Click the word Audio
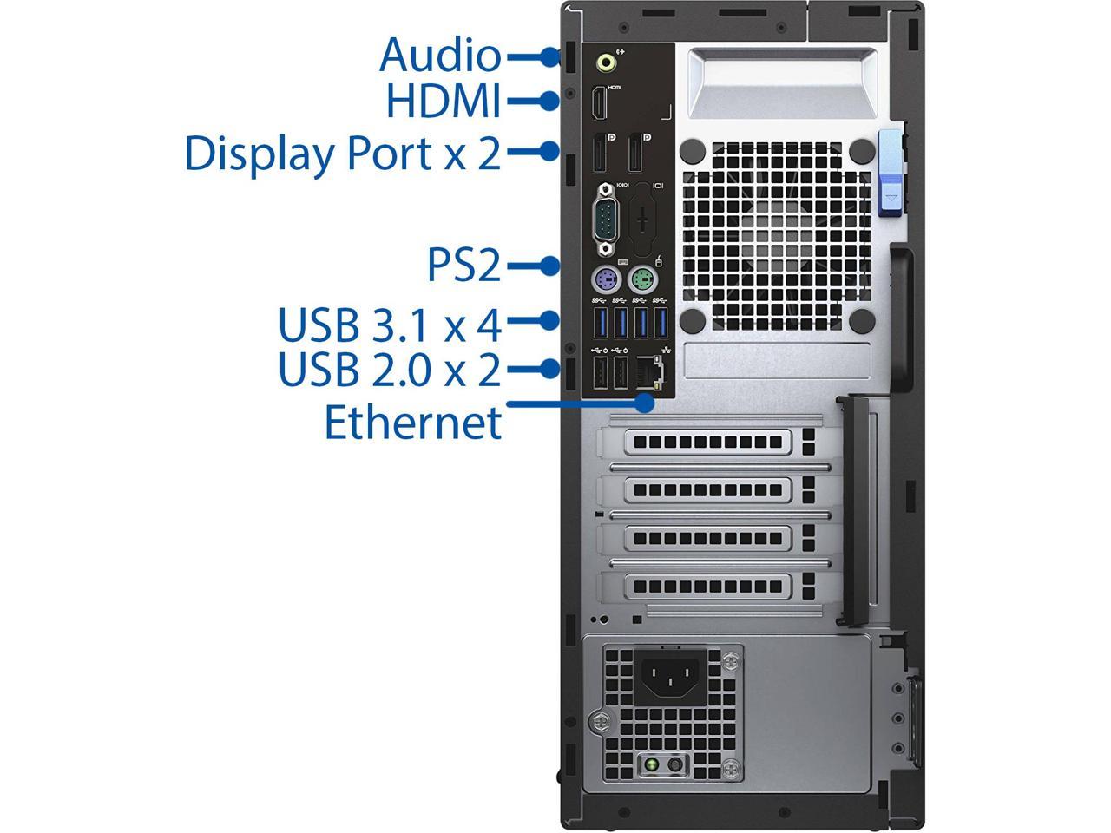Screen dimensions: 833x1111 point(440,55)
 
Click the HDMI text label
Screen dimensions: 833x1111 point(444,101)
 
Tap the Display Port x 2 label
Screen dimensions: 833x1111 point(343,154)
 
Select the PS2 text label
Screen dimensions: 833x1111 point(464,266)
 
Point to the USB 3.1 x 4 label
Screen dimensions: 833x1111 point(390,325)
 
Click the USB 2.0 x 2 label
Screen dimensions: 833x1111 point(390,370)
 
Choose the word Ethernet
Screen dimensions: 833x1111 point(413,423)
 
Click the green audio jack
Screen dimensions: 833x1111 point(608,62)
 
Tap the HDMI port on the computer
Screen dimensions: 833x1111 point(599,105)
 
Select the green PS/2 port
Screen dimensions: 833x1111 point(642,279)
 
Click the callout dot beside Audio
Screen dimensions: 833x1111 point(549,56)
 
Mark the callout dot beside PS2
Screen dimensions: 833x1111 point(549,266)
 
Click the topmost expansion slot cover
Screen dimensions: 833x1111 point(707,443)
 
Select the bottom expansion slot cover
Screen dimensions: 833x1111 point(707,587)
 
